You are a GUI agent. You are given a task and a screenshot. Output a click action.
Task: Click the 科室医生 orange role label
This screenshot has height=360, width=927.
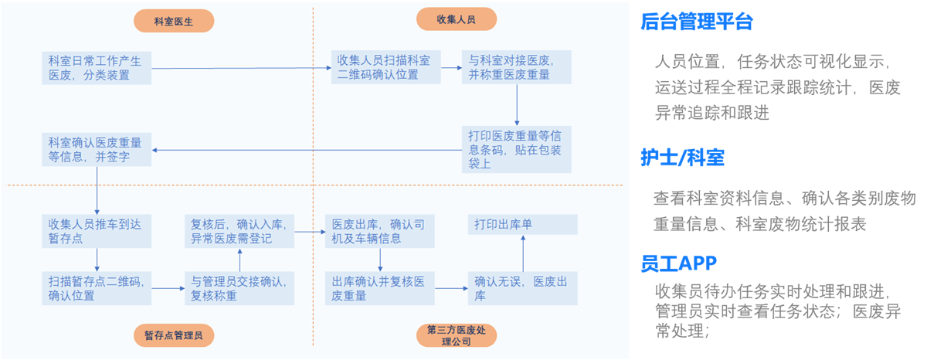(x=173, y=21)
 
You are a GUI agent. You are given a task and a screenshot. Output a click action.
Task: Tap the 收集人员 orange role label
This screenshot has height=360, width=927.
(x=456, y=19)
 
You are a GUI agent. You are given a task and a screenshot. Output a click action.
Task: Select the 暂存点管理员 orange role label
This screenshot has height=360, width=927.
(x=173, y=335)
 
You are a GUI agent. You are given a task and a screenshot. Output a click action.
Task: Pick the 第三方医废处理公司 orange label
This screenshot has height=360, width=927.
(x=456, y=335)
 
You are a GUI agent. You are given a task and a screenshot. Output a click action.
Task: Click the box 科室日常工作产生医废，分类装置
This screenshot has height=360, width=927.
(x=97, y=67)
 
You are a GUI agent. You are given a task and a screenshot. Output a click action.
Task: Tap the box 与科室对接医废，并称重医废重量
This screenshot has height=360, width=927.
(x=516, y=67)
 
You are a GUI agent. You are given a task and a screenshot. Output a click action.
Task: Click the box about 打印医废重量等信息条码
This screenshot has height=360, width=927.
(x=516, y=149)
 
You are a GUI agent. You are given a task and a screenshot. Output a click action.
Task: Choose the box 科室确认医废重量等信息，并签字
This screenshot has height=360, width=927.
(x=97, y=149)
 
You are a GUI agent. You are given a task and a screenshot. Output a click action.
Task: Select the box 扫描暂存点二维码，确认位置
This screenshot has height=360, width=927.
(x=97, y=287)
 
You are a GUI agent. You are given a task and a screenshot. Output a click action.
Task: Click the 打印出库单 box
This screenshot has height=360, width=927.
(x=523, y=225)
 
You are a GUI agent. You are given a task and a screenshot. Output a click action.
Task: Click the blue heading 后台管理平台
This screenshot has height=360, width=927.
(x=696, y=22)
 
